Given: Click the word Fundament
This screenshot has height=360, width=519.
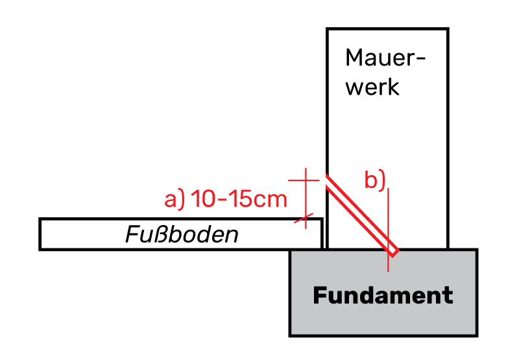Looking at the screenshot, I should click(383, 296).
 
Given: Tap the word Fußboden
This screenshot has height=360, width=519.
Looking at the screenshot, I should click(182, 234).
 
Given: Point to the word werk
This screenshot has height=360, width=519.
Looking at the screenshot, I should click(372, 87).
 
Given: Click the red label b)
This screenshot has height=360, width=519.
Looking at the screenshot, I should click(375, 181).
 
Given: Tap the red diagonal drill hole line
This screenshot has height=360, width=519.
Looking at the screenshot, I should click(360, 213).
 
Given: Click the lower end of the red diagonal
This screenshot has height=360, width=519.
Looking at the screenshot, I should click(393, 250).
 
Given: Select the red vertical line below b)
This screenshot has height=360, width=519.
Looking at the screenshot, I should click(388, 227).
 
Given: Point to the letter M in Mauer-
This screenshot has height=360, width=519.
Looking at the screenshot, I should click(355, 58).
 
